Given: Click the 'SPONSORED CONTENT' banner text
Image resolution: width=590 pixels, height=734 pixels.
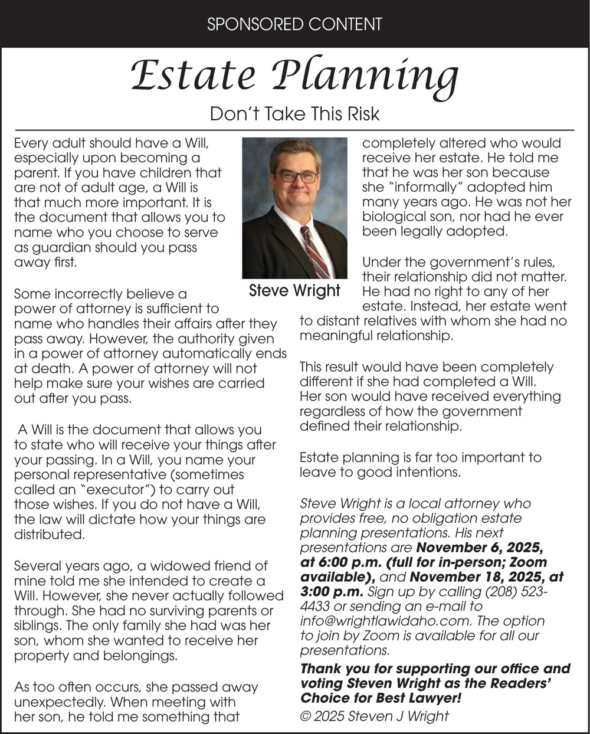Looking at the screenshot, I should tap(295, 24).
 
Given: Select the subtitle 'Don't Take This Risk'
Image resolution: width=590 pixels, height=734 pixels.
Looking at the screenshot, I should tap(294, 113).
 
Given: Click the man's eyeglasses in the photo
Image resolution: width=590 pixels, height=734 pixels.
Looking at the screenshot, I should tap(296, 176).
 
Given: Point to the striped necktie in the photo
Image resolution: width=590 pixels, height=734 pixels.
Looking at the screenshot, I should tap(315, 250).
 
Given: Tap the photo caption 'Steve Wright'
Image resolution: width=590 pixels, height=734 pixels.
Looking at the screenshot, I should tap(294, 290).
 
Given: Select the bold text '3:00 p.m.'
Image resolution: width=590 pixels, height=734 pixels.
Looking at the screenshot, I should tap(333, 591).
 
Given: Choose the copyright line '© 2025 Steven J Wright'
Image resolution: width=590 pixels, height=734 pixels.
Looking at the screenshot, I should tap(374, 716).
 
